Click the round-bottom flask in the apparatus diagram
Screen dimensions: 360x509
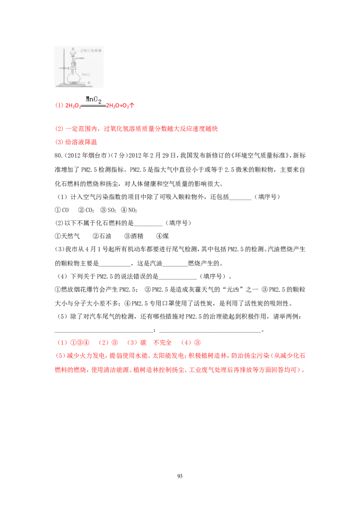[74, 78]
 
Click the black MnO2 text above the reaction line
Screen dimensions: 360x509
[94, 100]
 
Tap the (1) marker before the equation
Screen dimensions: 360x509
[58, 106]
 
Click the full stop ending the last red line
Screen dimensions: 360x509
[305, 371]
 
